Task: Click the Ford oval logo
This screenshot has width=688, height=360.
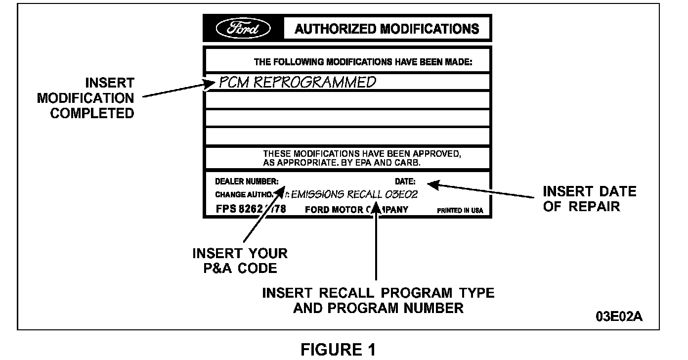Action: point(243,28)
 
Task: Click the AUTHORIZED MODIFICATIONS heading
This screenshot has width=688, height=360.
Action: point(387,29)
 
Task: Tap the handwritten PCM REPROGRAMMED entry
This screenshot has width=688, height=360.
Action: point(297,82)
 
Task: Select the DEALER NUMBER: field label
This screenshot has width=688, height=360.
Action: point(247,181)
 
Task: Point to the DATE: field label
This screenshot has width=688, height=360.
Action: point(405,181)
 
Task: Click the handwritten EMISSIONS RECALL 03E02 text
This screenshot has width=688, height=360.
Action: point(354,194)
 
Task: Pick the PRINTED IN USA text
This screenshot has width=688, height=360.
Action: point(460,210)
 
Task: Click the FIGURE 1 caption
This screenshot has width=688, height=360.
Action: point(339,350)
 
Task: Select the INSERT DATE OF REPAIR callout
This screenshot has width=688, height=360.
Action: point(589,198)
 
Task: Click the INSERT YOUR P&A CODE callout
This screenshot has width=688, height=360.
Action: point(240,261)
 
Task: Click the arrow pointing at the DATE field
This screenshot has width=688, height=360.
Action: point(479,190)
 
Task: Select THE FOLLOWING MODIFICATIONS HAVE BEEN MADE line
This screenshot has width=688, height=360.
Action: point(363,62)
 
